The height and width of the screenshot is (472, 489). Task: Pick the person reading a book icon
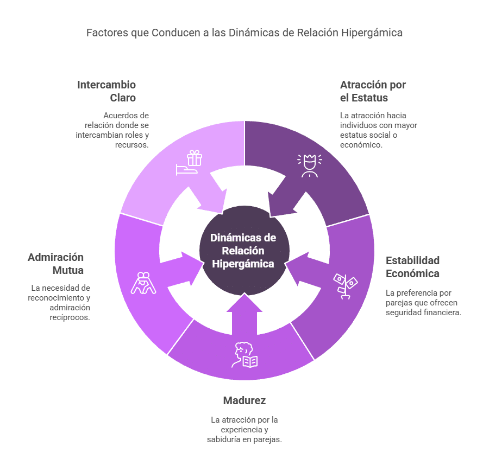246,355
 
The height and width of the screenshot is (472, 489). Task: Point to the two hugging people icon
143,283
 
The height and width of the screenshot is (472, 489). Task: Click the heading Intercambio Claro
106,91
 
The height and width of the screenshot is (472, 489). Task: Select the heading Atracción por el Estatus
373,91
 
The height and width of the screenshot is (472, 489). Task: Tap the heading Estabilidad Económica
412,266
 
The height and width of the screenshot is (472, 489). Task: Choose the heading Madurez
244,400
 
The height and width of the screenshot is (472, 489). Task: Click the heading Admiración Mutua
56,263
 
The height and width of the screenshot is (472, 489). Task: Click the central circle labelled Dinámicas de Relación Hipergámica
243,251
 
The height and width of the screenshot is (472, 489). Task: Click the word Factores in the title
106,33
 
